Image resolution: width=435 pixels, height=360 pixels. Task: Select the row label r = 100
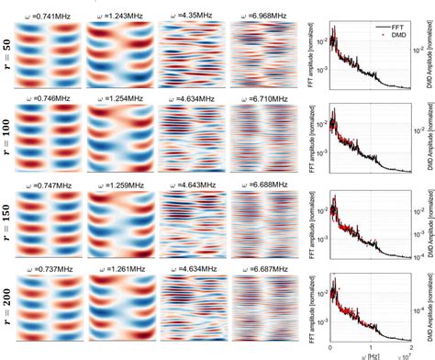pos(8,142)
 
